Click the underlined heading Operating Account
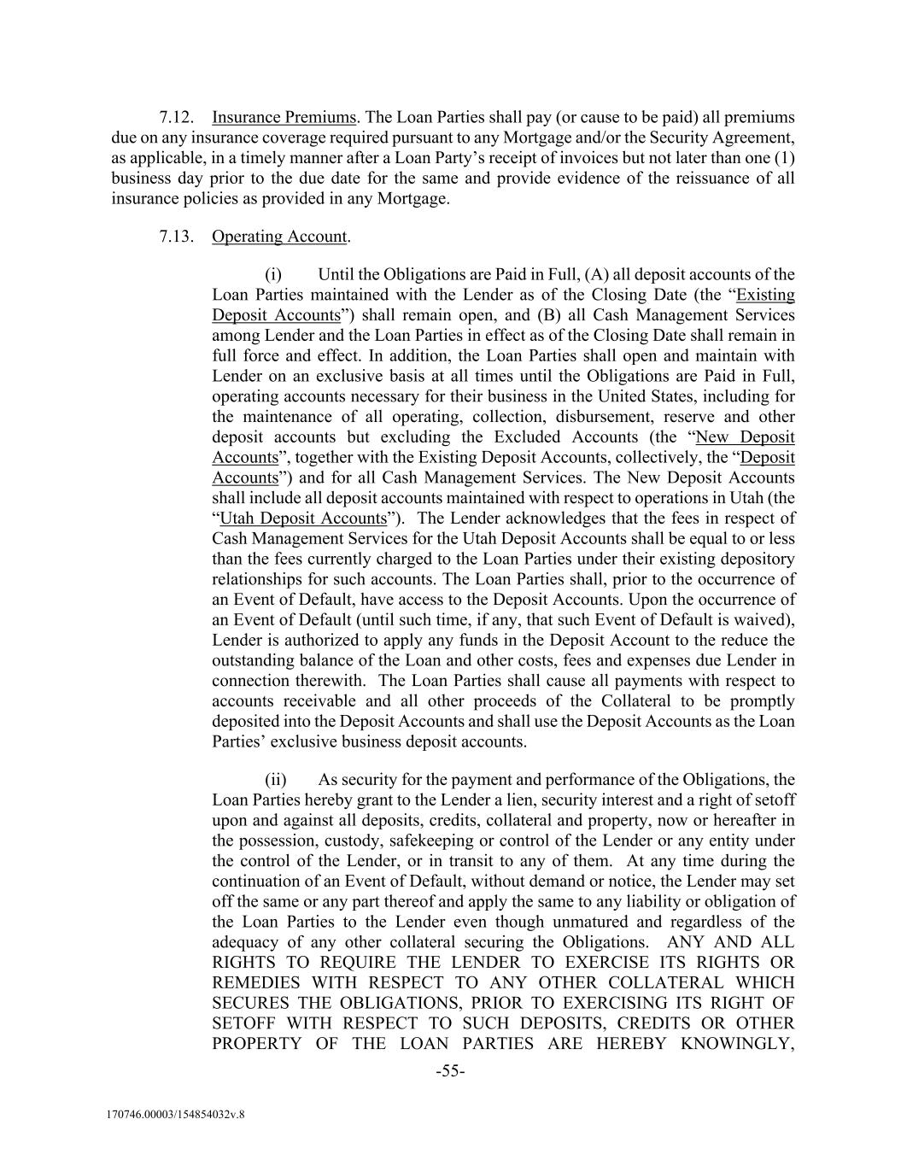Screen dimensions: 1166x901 click(x=279, y=237)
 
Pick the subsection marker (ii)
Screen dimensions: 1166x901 click(x=275, y=780)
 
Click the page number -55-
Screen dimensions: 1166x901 click(x=450, y=1071)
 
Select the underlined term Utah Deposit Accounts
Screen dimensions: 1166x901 click(x=303, y=519)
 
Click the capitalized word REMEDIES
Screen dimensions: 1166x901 click(x=256, y=983)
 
